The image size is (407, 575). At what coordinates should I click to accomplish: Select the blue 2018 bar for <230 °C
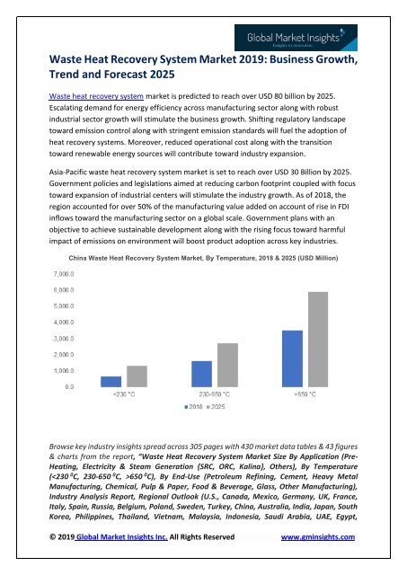111,380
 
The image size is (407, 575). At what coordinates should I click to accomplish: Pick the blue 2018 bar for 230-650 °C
202,373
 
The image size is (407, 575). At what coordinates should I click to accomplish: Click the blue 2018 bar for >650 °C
292,358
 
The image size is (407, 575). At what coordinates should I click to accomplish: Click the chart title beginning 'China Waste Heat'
202,257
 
